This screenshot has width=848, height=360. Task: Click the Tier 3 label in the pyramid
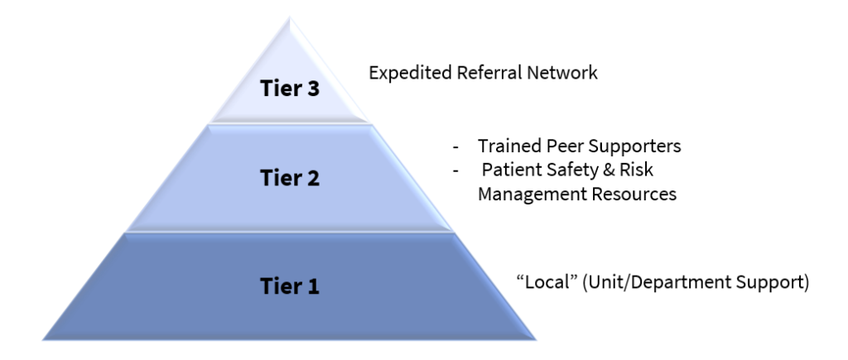click(x=290, y=88)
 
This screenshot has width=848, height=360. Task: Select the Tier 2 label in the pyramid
click(x=290, y=178)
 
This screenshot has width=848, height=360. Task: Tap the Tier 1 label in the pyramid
click(x=290, y=286)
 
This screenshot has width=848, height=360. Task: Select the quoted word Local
click(x=547, y=281)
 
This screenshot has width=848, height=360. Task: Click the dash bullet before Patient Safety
click(x=456, y=170)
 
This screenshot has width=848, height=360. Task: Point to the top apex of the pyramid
click(x=290, y=17)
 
